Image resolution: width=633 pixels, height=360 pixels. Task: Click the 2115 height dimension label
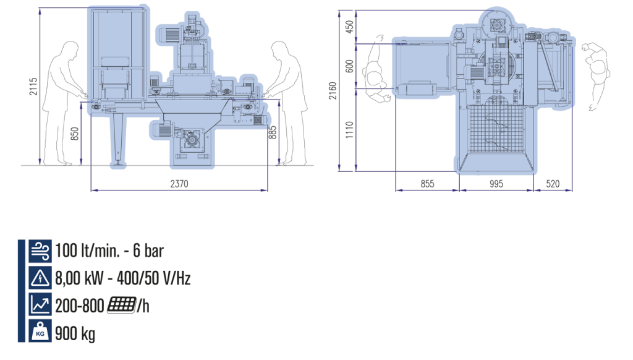click(33, 87)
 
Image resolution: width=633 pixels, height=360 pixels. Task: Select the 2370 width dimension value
click(179, 184)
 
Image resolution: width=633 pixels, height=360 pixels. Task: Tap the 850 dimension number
click(75, 134)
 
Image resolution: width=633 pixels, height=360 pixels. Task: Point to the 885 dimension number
click(273, 132)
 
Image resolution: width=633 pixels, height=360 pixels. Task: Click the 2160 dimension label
click(333, 90)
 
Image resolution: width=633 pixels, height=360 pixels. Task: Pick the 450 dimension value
click(350, 27)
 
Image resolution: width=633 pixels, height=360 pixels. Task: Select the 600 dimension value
click(350, 66)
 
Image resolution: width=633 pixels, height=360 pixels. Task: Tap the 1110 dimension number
click(350, 130)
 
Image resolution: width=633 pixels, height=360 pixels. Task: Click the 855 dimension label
click(427, 184)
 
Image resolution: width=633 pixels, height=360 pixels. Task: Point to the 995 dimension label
click(496, 184)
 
